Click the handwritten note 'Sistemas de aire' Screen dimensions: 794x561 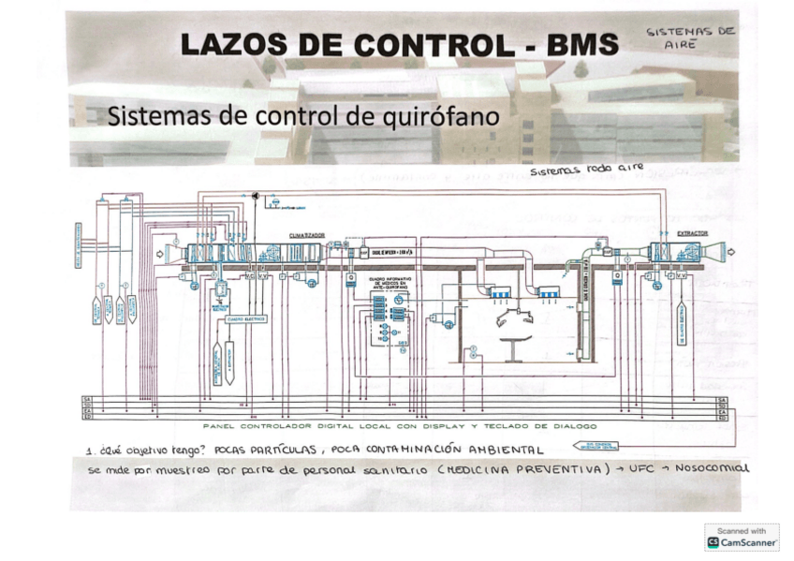(x=691, y=37)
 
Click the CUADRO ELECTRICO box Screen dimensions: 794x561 (x=245, y=318)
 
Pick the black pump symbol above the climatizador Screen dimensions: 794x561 (x=254, y=195)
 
